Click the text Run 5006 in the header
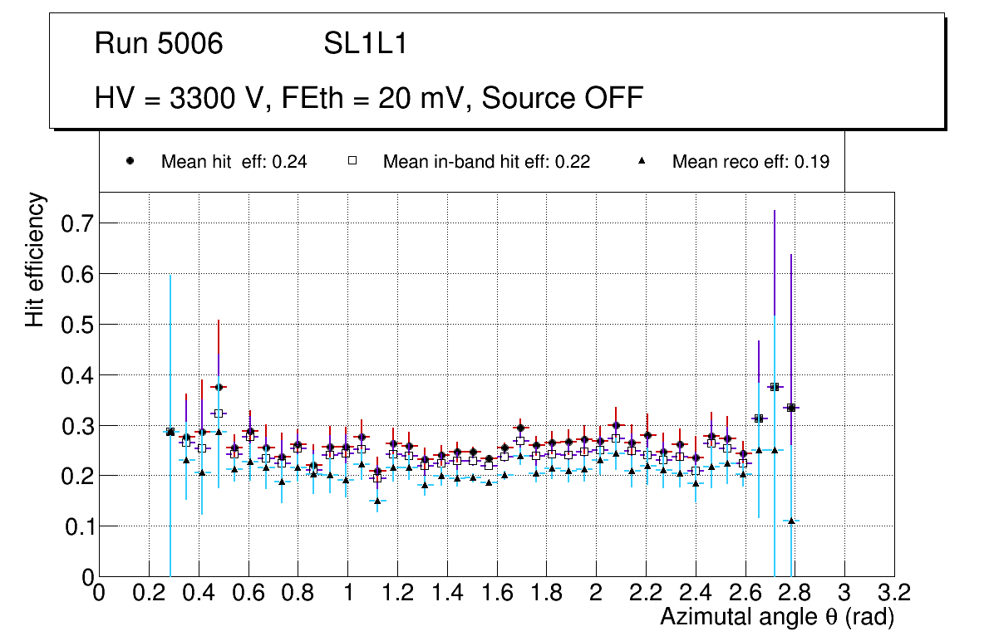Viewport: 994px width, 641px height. (159, 44)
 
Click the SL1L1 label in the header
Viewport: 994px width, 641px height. (365, 44)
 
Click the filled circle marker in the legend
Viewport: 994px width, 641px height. (130, 161)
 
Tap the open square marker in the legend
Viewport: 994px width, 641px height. (352, 161)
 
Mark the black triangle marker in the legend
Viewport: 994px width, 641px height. (642, 161)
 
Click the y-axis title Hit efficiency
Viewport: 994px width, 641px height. (35, 260)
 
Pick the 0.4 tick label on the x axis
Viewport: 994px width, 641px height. (199, 593)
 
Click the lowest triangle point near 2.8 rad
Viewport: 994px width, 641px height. (791, 521)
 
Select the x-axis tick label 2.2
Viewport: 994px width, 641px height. (646, 593)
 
